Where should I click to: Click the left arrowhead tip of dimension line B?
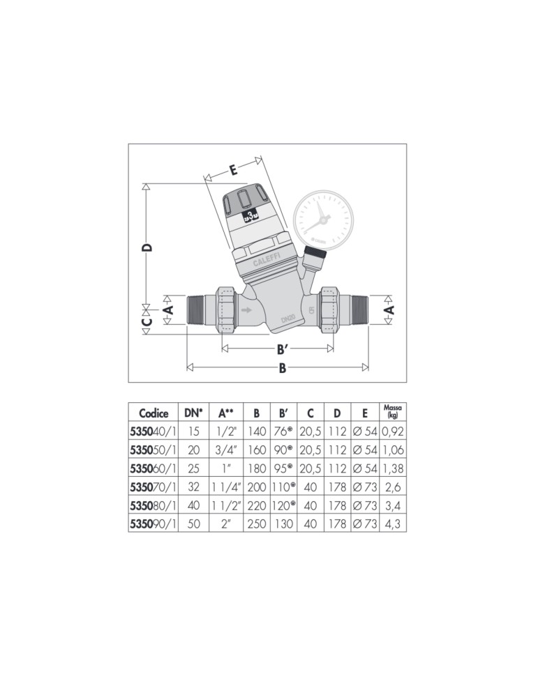(x=187, y=367)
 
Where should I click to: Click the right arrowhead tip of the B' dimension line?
(x=334, y=348)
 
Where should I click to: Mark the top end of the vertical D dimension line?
(x=146, y=183)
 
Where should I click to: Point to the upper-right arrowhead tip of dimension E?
(x=260, y=156)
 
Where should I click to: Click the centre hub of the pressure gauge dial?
(x=324, y=218)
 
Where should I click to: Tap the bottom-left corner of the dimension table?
(x=128, y=532)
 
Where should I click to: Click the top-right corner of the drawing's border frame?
(x=406, y=144)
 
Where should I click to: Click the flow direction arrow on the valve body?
(x=245, y=310)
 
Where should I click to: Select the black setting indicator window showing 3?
(x=251, y=217)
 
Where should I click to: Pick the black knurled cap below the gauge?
(x=315, y=254)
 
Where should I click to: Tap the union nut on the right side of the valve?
(x=330, y=309)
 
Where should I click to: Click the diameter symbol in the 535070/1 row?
(x=357, y=487)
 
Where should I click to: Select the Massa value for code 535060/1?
(x=393, y=468)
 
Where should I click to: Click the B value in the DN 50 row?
(x=257, y=524)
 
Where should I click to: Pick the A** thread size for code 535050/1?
(x=227, y=450)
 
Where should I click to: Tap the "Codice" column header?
(x=154, y=413)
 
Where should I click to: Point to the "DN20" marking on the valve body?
(x=288, y=319)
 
